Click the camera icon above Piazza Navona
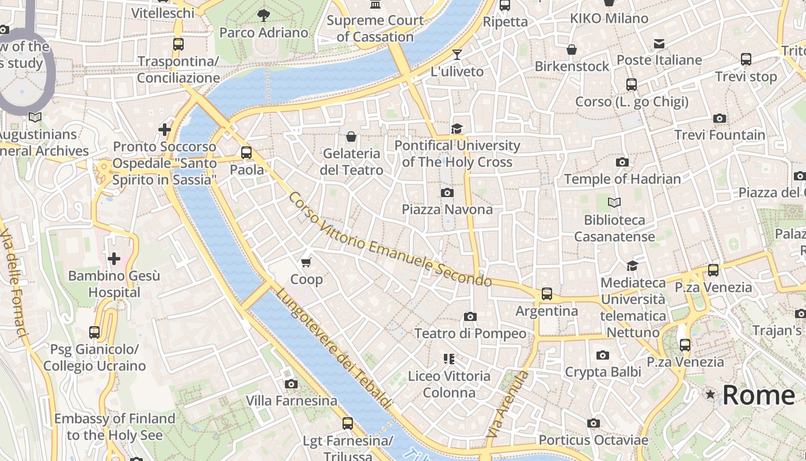447,192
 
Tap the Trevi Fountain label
720,135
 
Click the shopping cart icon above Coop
306,263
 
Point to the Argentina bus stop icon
546,294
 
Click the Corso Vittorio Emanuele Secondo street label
390,240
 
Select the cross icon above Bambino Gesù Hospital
114,259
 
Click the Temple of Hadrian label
622,179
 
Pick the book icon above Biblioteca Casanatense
614,203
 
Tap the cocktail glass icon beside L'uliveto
457,55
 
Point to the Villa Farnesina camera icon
291,384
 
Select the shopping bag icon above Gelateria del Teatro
351,137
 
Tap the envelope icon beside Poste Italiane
659,44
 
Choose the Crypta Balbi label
603,372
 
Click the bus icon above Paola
246,153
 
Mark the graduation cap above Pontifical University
457,129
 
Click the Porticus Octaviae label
594,440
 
